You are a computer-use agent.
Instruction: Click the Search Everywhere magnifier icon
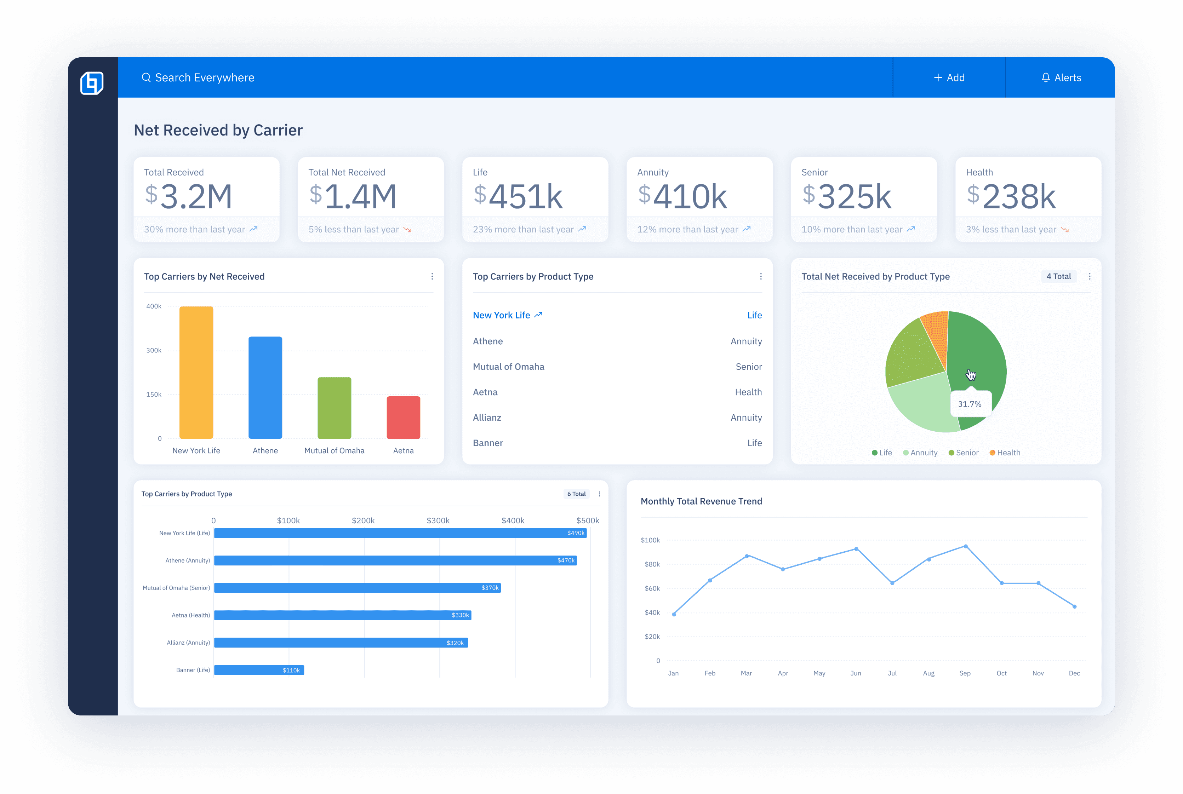point(146,77)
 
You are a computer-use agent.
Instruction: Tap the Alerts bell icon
point(1045,77)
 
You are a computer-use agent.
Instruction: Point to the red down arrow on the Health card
point(1065,230)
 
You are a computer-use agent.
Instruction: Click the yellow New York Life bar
point(196,372)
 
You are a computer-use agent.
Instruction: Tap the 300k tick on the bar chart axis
point(154,350)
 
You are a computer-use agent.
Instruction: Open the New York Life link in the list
point(502,315)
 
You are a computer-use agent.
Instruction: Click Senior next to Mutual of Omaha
point(748,367)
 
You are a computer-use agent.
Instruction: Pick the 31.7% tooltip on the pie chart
point(970,404)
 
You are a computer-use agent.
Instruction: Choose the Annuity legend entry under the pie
point(920,453)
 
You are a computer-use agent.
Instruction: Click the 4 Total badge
point(1058,276)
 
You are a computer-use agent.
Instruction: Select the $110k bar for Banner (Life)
point(258,670)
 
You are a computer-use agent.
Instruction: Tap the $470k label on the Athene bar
point(565,560)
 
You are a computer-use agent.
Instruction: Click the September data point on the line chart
point(966,546)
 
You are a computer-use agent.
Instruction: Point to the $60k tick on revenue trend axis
point(652,588)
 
